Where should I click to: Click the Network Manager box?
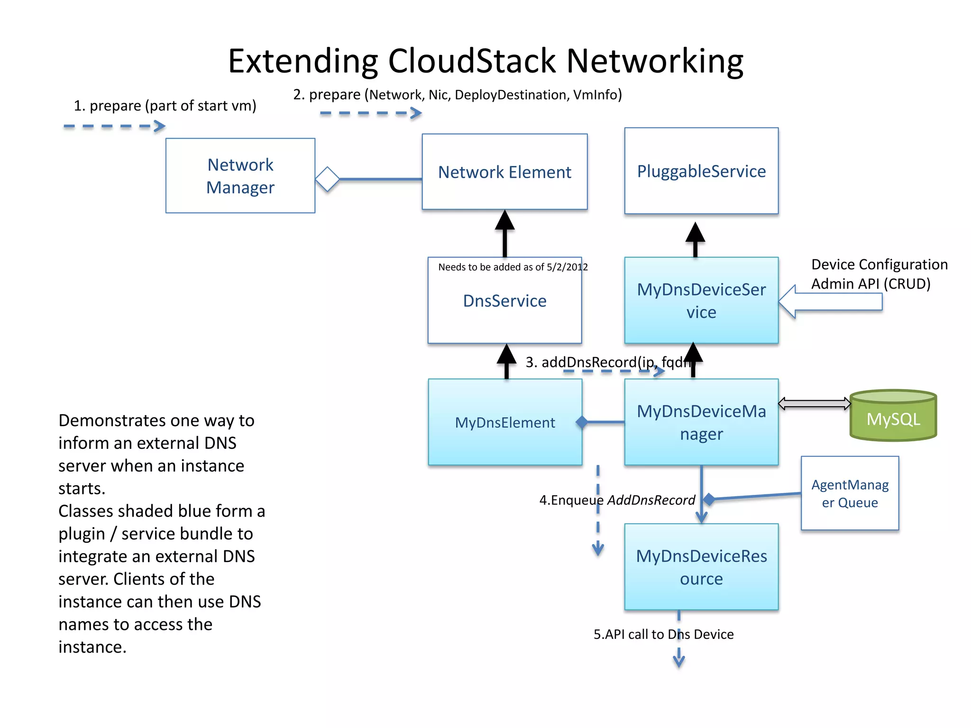(240, 176)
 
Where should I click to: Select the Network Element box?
(504, 172)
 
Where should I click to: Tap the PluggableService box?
(701, 171)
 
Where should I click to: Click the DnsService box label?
(504, 301)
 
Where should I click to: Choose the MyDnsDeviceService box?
(701, 300)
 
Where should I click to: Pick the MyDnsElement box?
(504, 422)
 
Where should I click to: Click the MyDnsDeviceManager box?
(701, 422)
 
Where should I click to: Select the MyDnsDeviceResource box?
(701, 567)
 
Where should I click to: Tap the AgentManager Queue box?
(850, 493)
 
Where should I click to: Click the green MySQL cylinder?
(893, 417)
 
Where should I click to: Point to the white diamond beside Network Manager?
(328, 179)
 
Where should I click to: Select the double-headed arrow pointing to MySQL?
(815, 404)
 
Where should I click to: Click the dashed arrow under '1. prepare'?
(114, 126)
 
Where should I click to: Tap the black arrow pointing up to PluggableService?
(696, 239)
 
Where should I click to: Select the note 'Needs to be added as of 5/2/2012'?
(513, 267)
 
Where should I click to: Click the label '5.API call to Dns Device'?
(663, 635)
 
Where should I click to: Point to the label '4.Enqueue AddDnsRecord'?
(617, 500)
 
